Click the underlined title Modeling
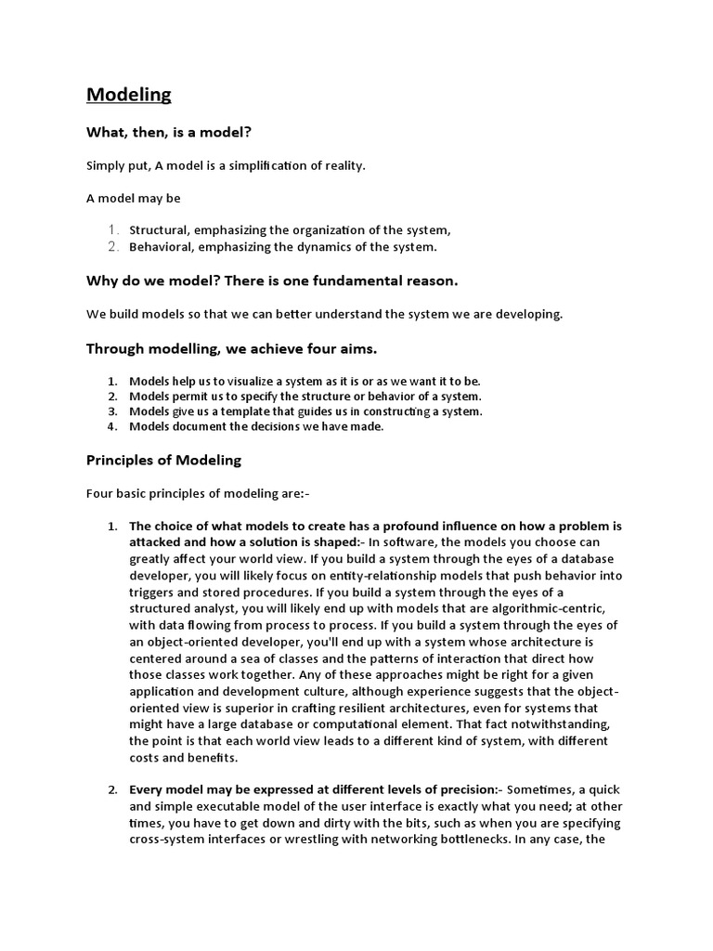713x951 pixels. [129, 95]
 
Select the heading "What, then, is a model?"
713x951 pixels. [169, 133]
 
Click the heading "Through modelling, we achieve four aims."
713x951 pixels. [231, 348]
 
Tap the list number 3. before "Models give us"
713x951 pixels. [111, 411]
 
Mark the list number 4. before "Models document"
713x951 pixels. [111, 426]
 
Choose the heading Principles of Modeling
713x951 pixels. [163, 460]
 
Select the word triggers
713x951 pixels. [152, 592]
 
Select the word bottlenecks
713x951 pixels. [473, 840]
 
